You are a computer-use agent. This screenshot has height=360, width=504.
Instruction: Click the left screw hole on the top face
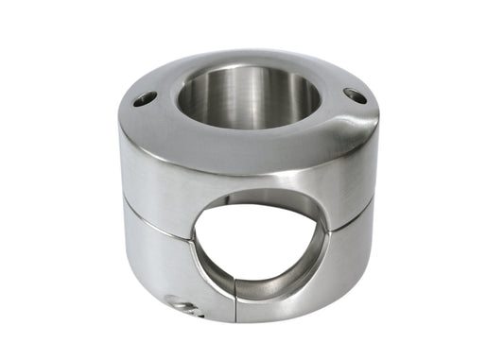click(143, 97)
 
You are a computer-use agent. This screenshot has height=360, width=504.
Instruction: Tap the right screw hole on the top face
click(355, 95)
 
